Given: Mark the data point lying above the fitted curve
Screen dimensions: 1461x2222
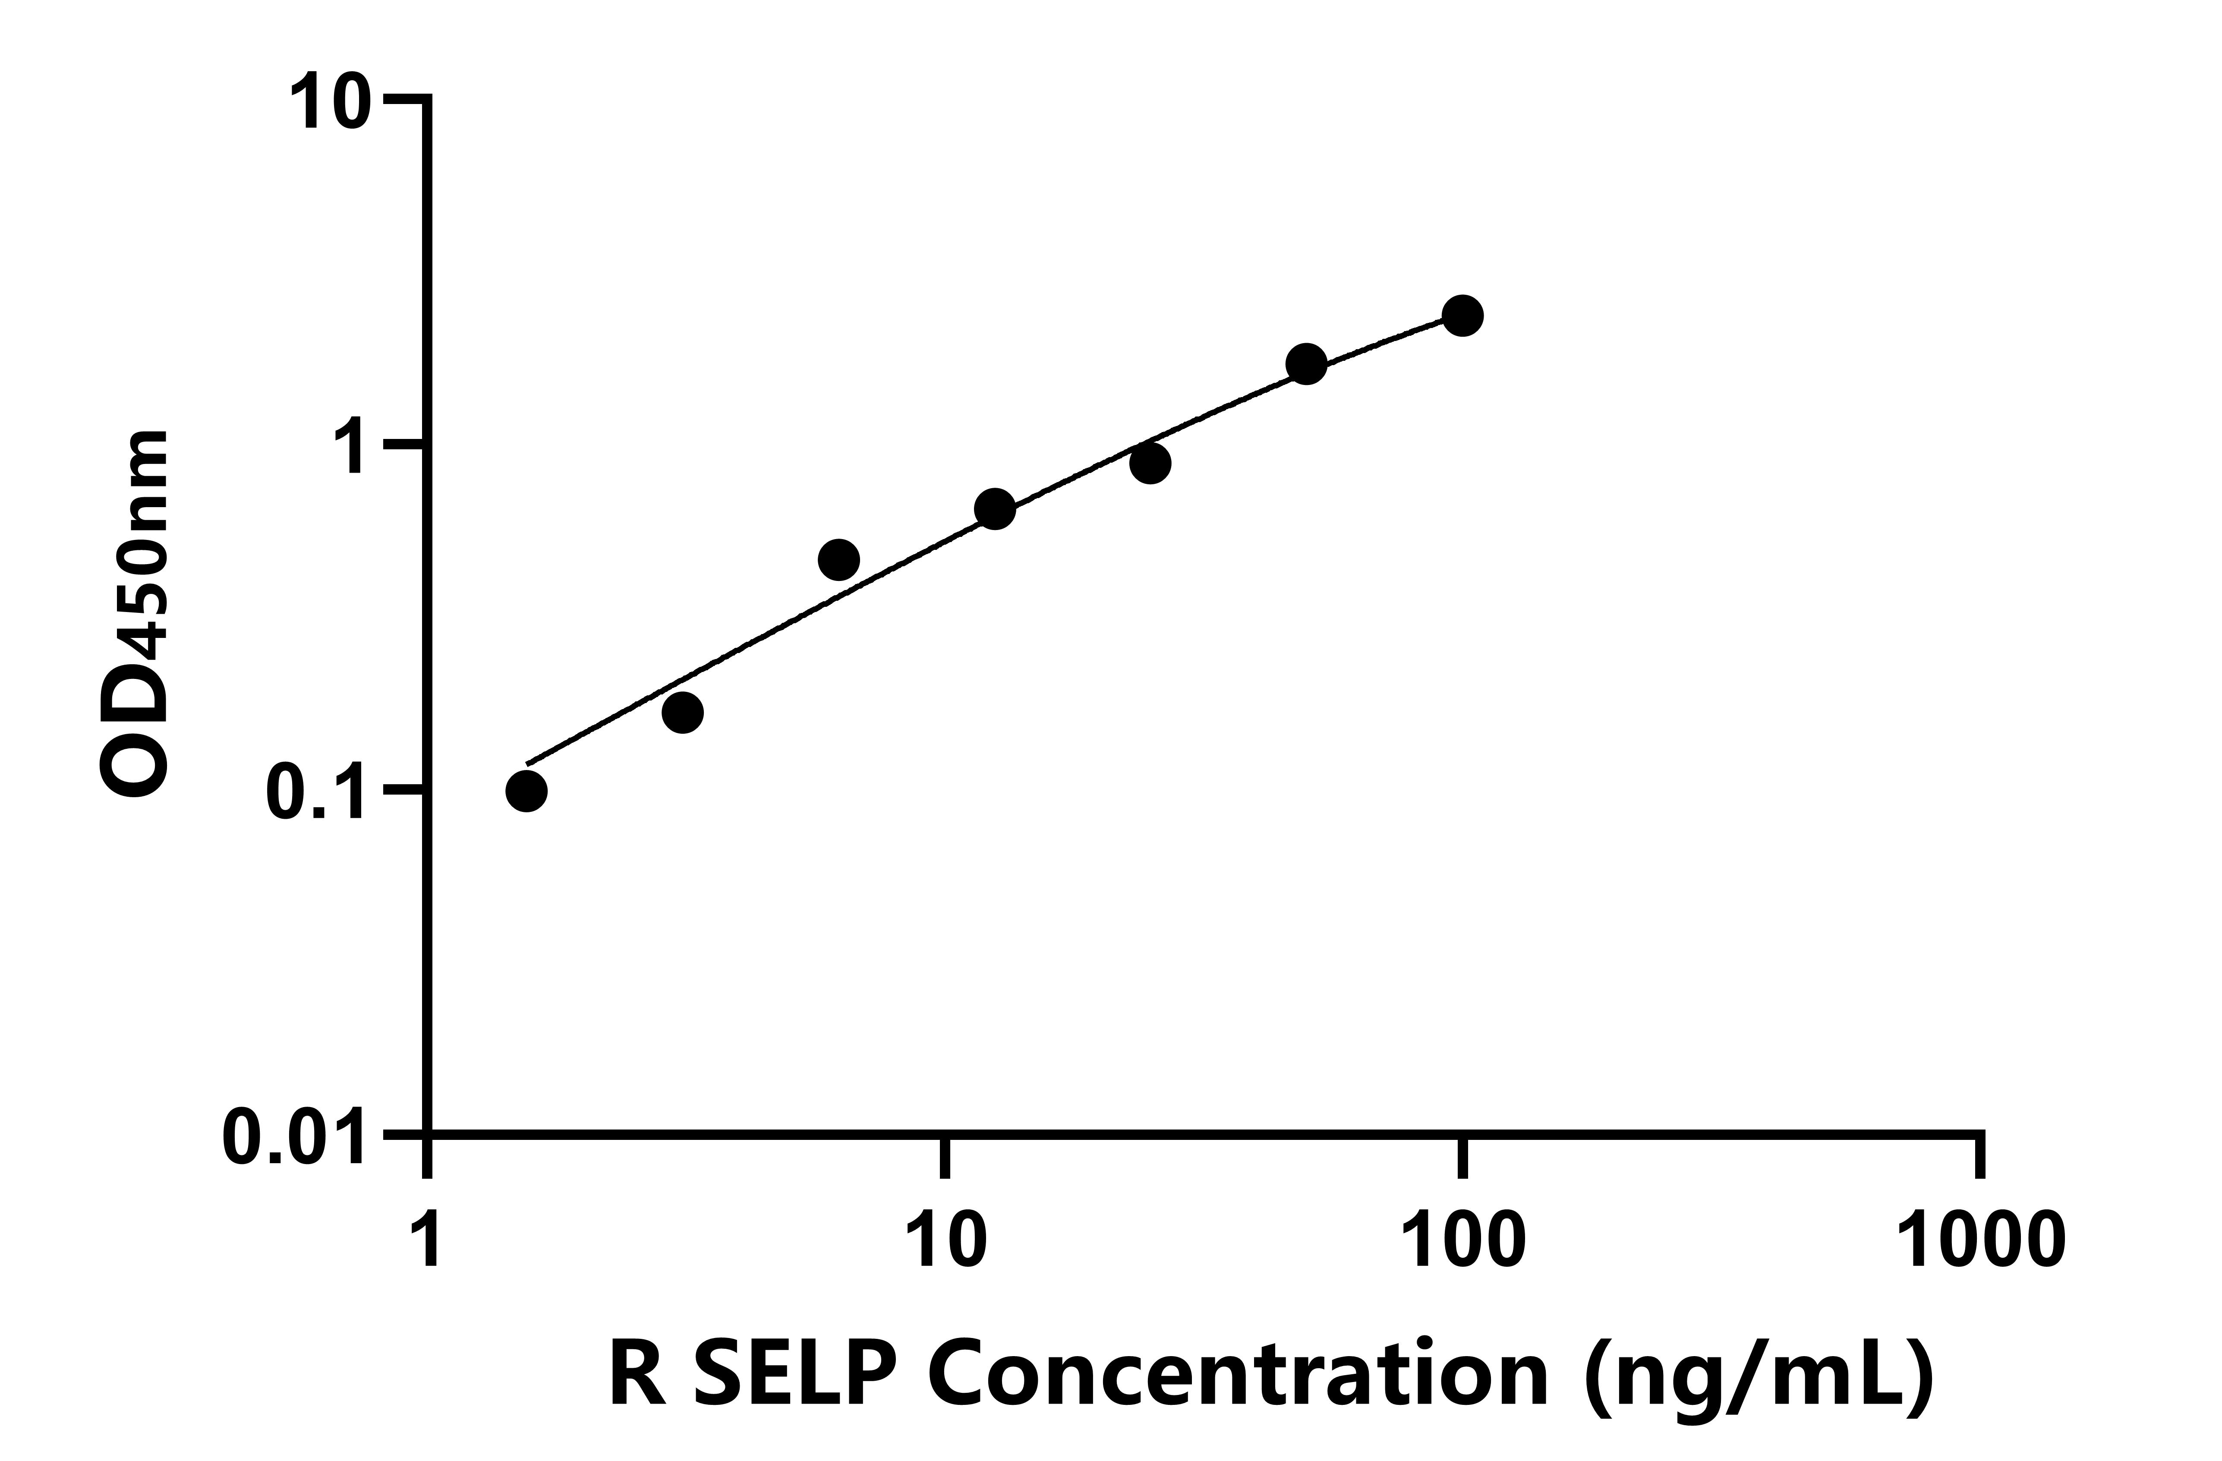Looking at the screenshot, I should (838, 560).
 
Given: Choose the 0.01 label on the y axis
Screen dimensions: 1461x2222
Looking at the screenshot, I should (294, 1137).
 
